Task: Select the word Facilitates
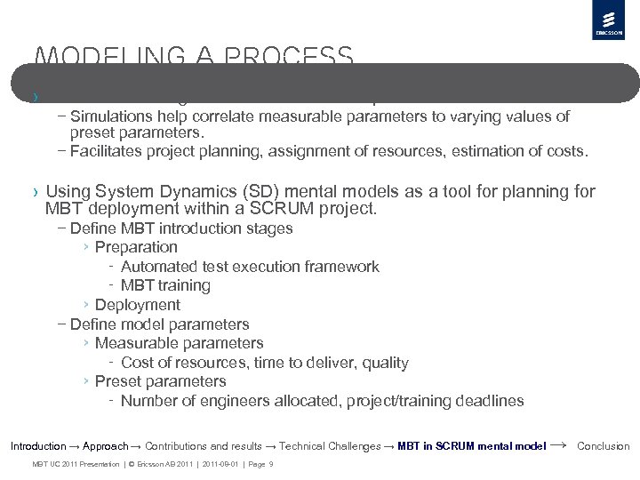pyautogui.click(x=107, y=151)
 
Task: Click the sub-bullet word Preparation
pyautogui.click(x=136, y=247)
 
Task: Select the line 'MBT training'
pyautogui.click(x=165, y=285)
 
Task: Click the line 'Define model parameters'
pyautogui.click(x=159, y=324)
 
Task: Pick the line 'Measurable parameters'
pyautogui.click(x=179, y=343)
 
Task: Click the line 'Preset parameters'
pyautogui.click(x=160, y=381)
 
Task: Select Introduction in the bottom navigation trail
pyautogui.click(x=37, y=446)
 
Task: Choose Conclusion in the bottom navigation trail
pyautogui.click(x=604, y=446)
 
